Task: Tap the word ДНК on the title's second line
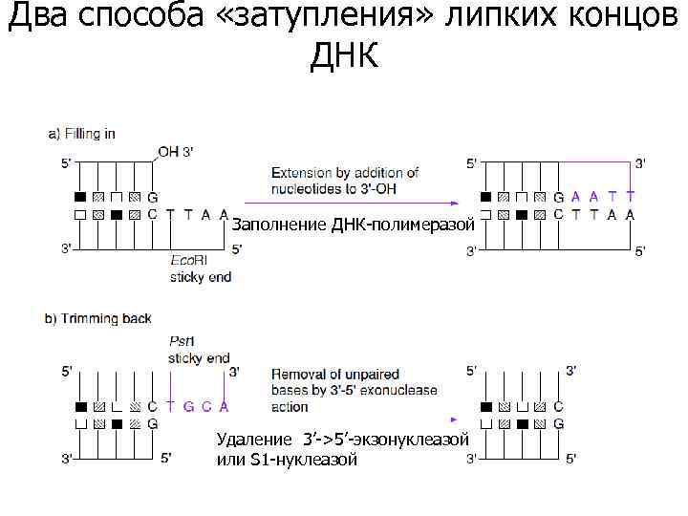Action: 344,56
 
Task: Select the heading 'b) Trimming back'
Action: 97,319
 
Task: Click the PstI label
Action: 182,342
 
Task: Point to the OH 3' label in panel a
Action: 175,152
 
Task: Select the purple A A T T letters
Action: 603,197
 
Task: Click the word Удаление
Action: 255,441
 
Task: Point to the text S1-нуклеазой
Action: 304,460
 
